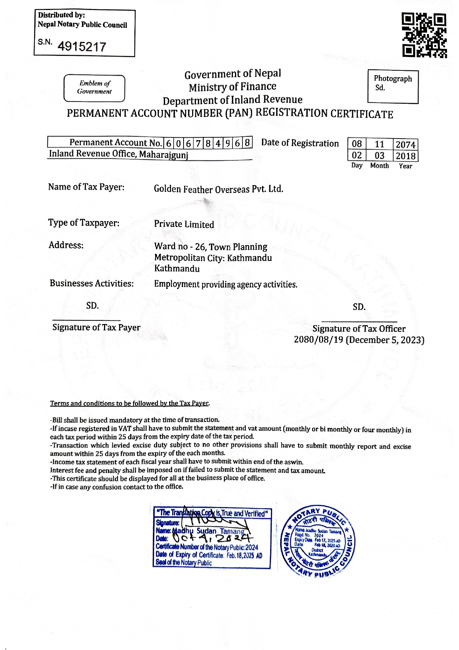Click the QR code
(424, 36)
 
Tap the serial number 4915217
(82, 47)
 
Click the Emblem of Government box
(94, 88)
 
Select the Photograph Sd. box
(393, 87)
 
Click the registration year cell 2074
(405, 144)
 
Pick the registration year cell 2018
(405, 156)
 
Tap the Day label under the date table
(357, 166)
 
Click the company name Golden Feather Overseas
(218, 189)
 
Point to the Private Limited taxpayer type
(184, 224)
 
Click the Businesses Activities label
(91, 284)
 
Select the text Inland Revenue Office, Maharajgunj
(118, 154)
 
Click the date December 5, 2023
(385, 340)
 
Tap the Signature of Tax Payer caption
(96, 327)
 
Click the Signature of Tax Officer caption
(359, 329)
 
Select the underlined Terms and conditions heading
(130, 403)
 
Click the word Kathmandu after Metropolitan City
(249, 258)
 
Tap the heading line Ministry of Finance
(232, 87)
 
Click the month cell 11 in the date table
(379, 144)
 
